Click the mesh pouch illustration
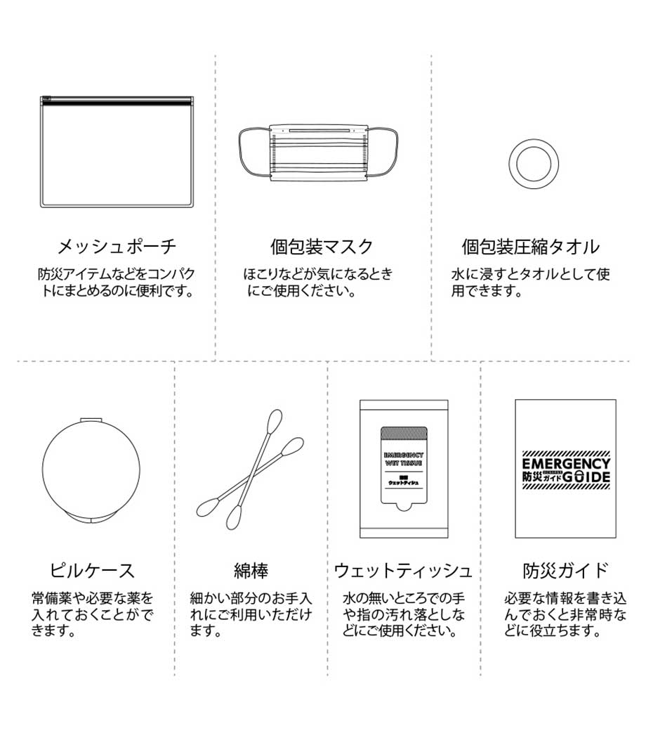(x=117, y=152)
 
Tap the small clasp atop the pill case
(x=91, y=420)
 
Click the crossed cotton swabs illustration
(x=250, y=470)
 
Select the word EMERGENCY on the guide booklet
(x=565, y=463)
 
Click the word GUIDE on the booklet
(x=586, y=477)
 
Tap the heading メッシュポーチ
(x=117, y=246)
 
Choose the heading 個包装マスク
(x=322, y=246)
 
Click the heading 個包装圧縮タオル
(x=531, y=246)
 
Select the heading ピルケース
(x=92, y=570)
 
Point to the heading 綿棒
(x=251, y=570)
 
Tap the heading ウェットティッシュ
(x=403, y=570)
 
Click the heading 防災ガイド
(x=565, y=570)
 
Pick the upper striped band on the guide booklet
(x=566, y=453)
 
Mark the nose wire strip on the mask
(x=319, y=131)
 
